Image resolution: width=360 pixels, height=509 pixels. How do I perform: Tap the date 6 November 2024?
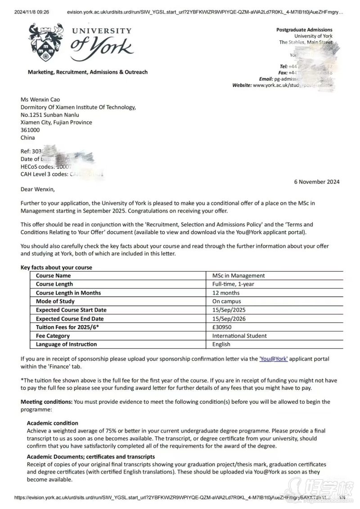click(317, 182)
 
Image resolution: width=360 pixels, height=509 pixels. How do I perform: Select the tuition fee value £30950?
click(224, 327)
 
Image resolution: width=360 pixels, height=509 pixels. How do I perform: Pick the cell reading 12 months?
click(226, 293)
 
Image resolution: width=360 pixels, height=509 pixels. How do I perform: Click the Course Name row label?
click(53, 276)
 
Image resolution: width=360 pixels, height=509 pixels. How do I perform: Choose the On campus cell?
click(226, 301)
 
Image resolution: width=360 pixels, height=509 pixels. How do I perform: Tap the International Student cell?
click(239, 335)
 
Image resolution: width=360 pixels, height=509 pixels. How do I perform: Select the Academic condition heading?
click(52, 423)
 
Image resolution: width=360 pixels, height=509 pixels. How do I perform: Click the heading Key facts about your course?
click(56, 268)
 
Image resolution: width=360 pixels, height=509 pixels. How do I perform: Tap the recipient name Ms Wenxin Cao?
click(40, 99)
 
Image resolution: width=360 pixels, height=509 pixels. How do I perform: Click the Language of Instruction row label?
click(66, 344)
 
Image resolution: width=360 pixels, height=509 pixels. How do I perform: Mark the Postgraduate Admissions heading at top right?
click(304, 30)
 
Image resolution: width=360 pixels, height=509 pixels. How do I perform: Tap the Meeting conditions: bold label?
click(46, 402)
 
